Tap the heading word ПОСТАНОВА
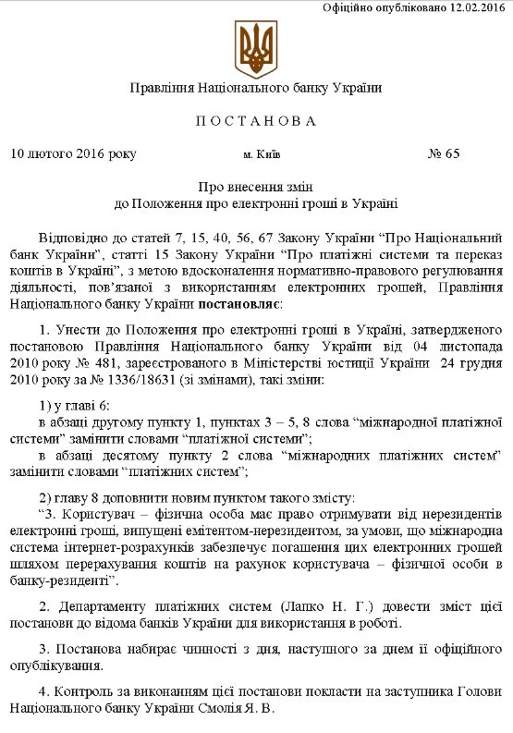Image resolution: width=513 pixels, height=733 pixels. tap(256, 121)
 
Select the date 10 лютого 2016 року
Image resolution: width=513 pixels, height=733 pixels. tap(73, 153)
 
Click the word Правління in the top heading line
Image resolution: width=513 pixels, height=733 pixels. tap(161, 88)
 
